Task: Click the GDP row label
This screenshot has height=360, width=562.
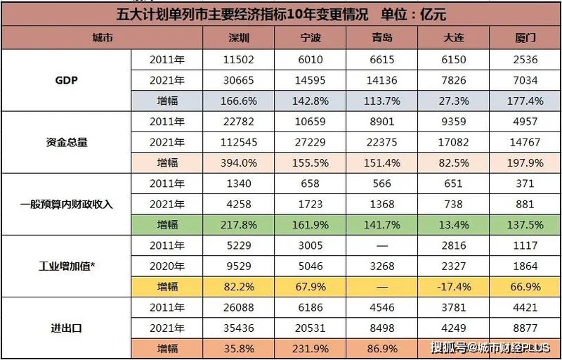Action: (67, 80)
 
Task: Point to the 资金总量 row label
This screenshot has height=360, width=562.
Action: (67, 143)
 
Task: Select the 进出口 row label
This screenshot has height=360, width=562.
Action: (67, 327)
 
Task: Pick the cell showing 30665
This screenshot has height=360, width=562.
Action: (240, 80)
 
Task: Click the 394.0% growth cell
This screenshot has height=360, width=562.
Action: (240, 163)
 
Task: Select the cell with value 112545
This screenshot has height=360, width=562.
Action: (240, 143)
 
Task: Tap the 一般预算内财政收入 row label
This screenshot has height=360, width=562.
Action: (67, 205)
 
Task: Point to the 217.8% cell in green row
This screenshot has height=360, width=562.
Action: (240, 225)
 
